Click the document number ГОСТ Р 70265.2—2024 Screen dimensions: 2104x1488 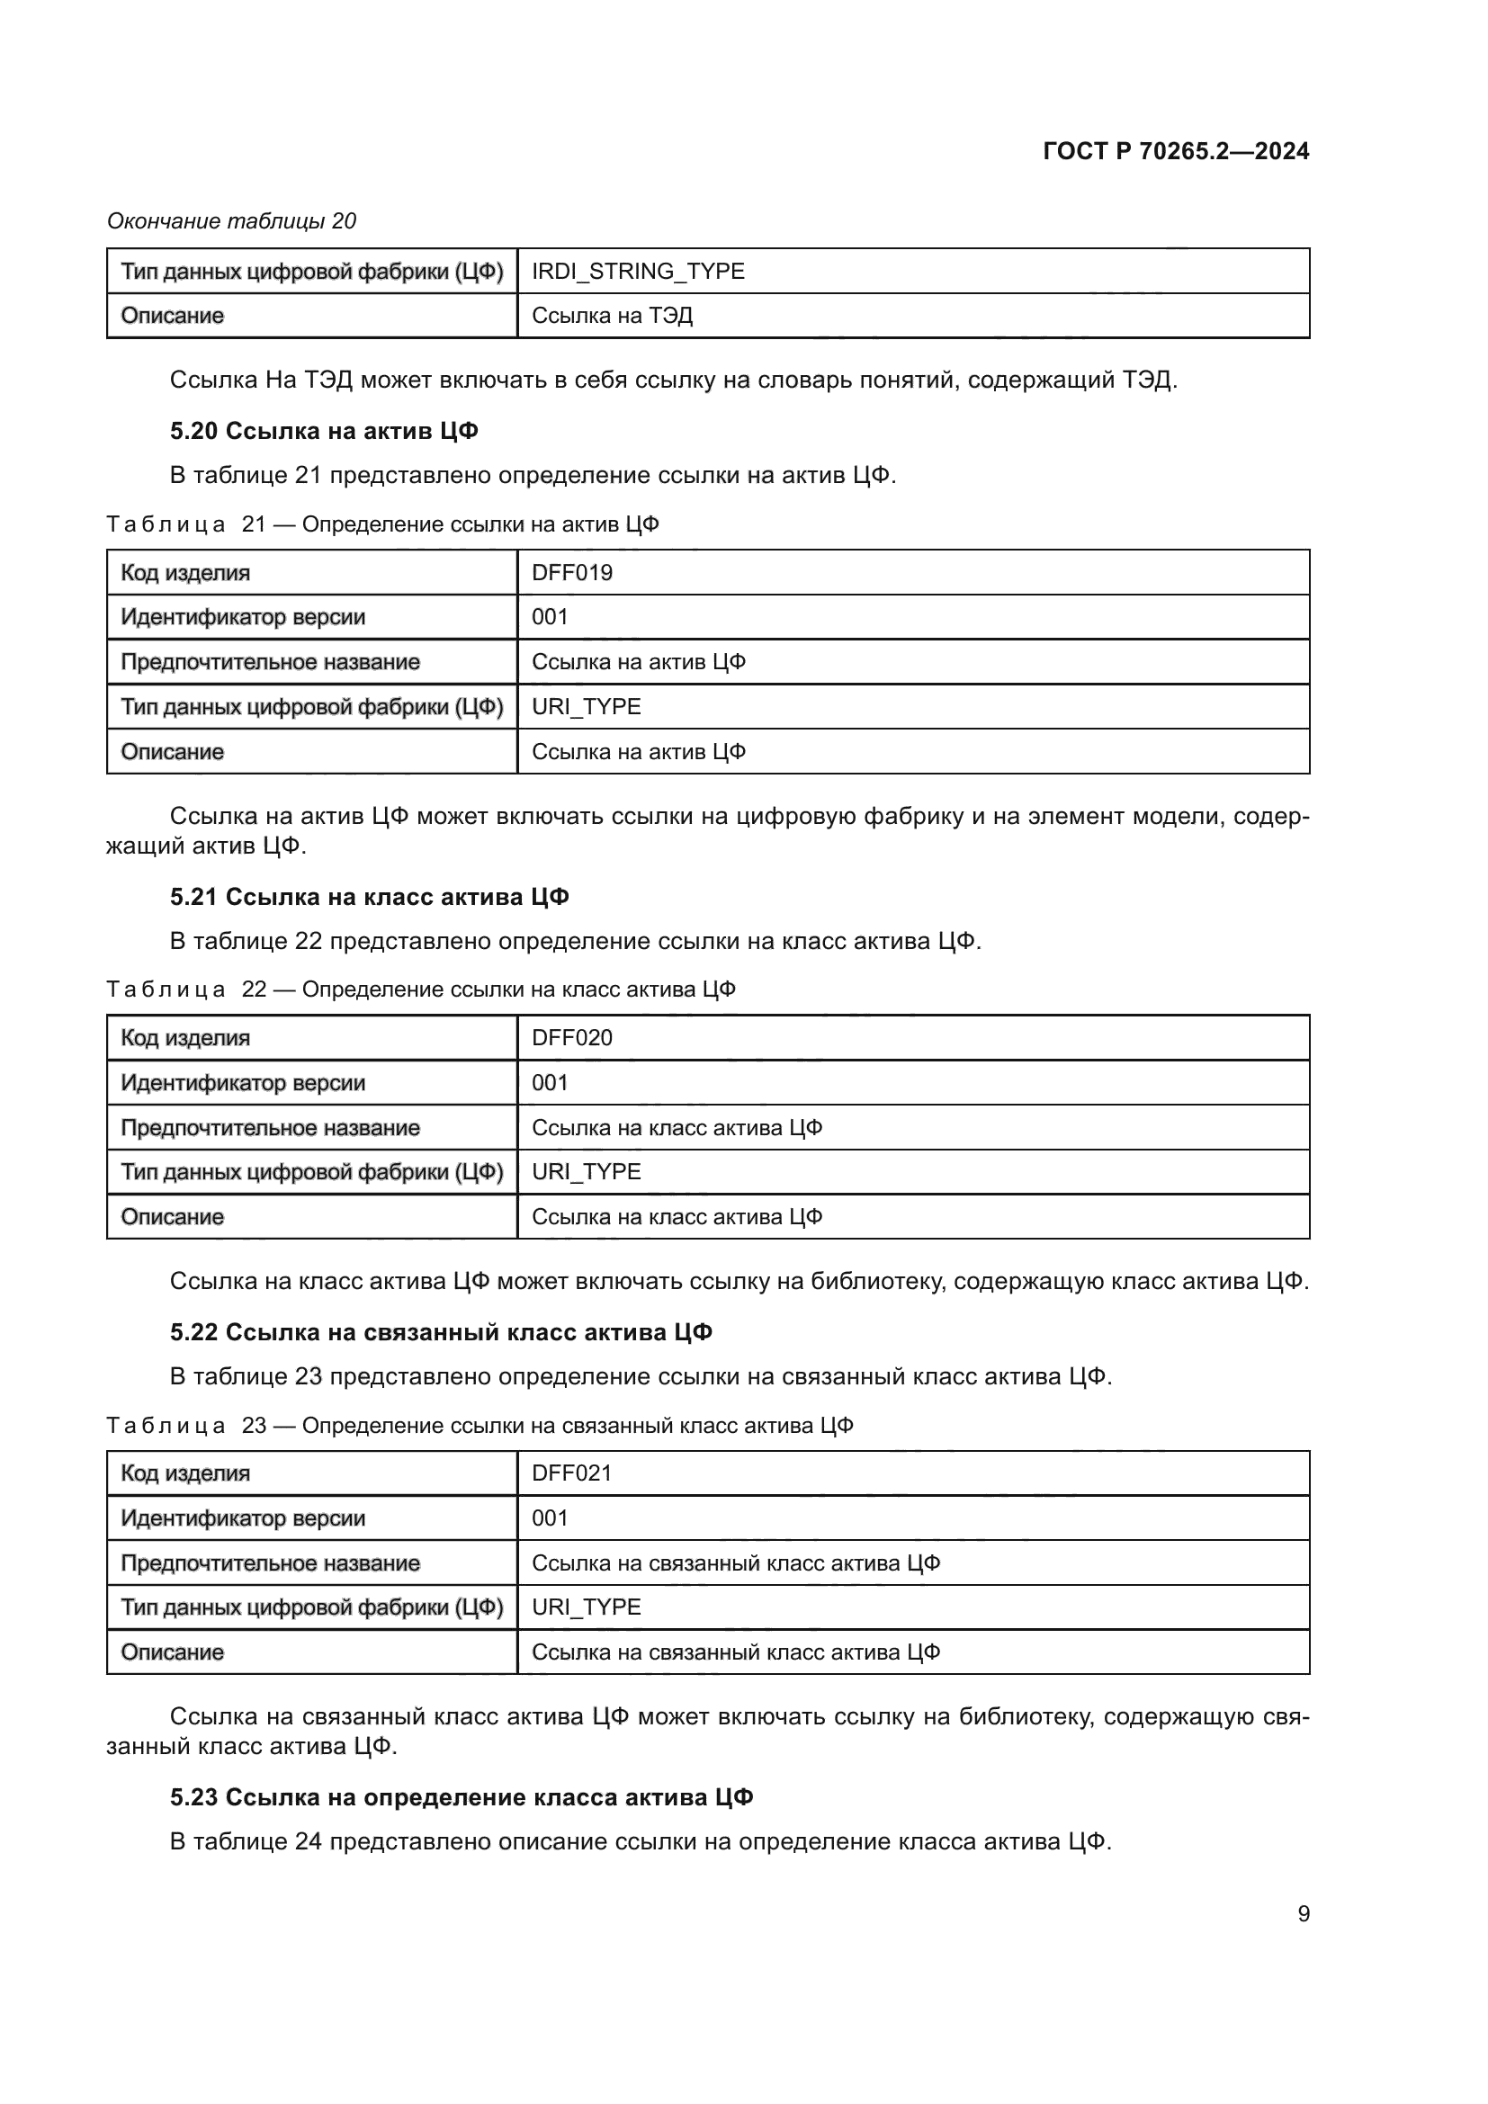coord(1176,151)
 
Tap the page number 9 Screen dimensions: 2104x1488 coord(1303,1913)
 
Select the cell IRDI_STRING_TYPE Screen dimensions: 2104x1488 coord(638,272)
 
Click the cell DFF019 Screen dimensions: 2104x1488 coord(572,573)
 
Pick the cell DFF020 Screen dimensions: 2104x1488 coord(572,1038)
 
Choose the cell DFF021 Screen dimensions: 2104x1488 coord(572,1473)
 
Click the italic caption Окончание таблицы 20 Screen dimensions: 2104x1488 coord(232,221)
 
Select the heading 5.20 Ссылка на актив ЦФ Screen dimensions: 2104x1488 coord(324,431)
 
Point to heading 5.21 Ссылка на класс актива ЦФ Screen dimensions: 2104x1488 coord(369,897)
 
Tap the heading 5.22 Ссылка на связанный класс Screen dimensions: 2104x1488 coord(441,1332)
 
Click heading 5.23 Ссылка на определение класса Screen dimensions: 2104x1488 coord(461,1798)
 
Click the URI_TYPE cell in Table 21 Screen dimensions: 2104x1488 coord(587,706)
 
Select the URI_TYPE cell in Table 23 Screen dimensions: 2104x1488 coord(587,1607)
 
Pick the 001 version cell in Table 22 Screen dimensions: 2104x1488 coord(550,1083)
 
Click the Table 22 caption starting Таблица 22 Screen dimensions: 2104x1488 coord(420,989)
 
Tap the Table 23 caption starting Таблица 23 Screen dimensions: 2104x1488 coord(480,1426)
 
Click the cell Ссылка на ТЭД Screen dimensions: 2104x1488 coord(612,316)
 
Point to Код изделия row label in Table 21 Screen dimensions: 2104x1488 coord(185,573)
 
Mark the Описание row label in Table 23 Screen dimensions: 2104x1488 coord(172,1652)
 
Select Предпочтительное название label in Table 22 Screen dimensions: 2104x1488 coord(270,1128)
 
